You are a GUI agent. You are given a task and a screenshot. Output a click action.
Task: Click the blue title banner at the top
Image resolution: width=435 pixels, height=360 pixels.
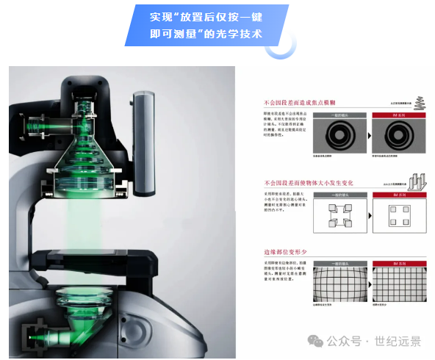tap(206, 26)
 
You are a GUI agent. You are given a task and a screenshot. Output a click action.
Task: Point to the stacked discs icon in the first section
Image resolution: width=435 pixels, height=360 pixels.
tap(420, 103)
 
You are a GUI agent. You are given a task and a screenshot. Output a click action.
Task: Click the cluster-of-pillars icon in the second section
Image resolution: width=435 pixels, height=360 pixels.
tap(420, 179)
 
